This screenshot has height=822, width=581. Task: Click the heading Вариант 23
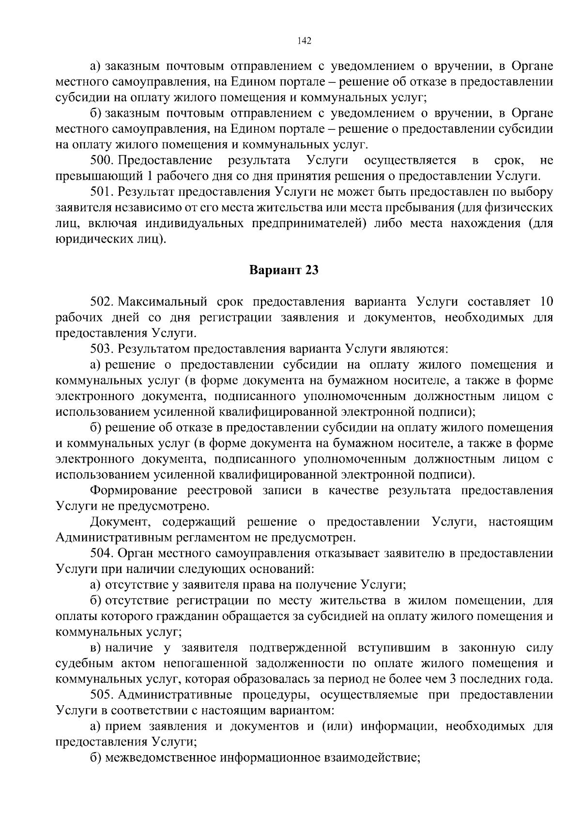point(284,270)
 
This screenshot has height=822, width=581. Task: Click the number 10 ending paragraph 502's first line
point(546,302)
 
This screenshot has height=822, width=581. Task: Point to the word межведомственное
point(160,758)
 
